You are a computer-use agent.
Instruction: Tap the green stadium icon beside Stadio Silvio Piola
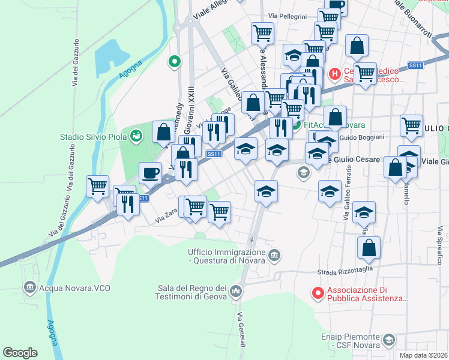pyautogui.click(x=137, y=136)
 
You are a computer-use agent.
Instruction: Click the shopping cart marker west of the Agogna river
pyautogui.click(x=97, y=185)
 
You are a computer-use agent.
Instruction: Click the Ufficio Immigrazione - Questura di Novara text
pyautogui.click(x=227, y=256)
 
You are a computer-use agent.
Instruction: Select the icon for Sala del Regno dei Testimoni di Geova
pyautogui.click(x=235, y=292)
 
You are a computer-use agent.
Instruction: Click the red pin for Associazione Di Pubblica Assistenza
pyautogui.click(x=318, y=293)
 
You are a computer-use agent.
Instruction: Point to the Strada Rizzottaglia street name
pyautogui.click(x=345, y=272)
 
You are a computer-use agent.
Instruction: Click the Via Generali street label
pyautogui.click(x=241, y=330)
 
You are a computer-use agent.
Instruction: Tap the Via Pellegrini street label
pyautogui.click(x=288, y=16)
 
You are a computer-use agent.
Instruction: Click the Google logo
pyautogui.click(x=20, y=353)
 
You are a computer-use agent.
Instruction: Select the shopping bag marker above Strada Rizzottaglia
pyautogui.click(x=369, y=247)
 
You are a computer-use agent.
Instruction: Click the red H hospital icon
pyautogui.click(x=335, y=74)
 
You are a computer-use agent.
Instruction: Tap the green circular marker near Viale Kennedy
pyautogui.click(x=175, y=61)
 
